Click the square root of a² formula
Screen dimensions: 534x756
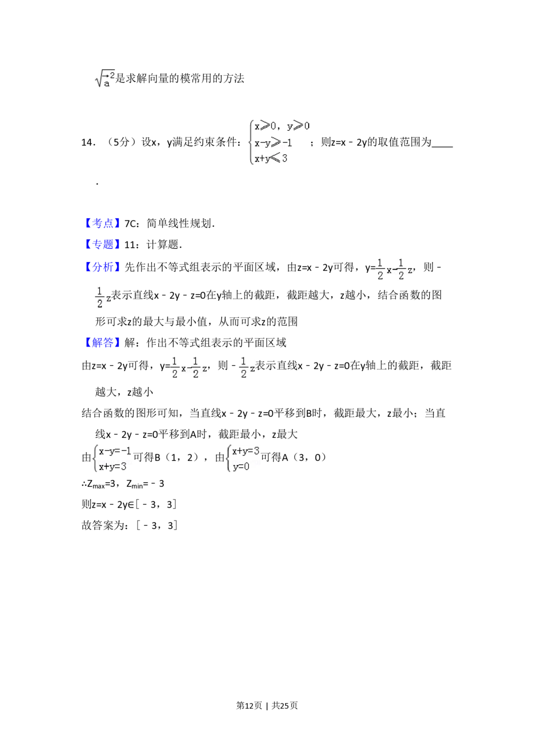point(105,79)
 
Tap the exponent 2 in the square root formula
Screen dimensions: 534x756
point(112,74)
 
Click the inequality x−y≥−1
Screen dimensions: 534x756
point(273,143)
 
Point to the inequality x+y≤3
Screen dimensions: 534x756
point(271,159)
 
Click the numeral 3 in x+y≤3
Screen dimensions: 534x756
point(285,159)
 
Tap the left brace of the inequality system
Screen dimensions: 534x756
point(249,143)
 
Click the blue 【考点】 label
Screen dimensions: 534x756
point(103,224)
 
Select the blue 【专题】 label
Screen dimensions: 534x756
point(103,245)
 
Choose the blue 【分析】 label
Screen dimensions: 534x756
point(103,267)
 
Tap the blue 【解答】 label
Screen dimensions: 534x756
point(103,343)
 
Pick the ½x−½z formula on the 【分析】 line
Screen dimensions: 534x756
point(393,270)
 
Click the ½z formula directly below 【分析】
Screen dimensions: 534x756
point(103,297)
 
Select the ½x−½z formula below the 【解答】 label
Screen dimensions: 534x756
point(188,368)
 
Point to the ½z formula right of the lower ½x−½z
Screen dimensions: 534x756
point(246,368)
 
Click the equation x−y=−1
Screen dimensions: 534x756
point(115,452)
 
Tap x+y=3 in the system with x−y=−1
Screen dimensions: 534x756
point(113,467)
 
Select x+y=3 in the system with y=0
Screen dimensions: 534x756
point(246,451)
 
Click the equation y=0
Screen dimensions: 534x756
point(241,467)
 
